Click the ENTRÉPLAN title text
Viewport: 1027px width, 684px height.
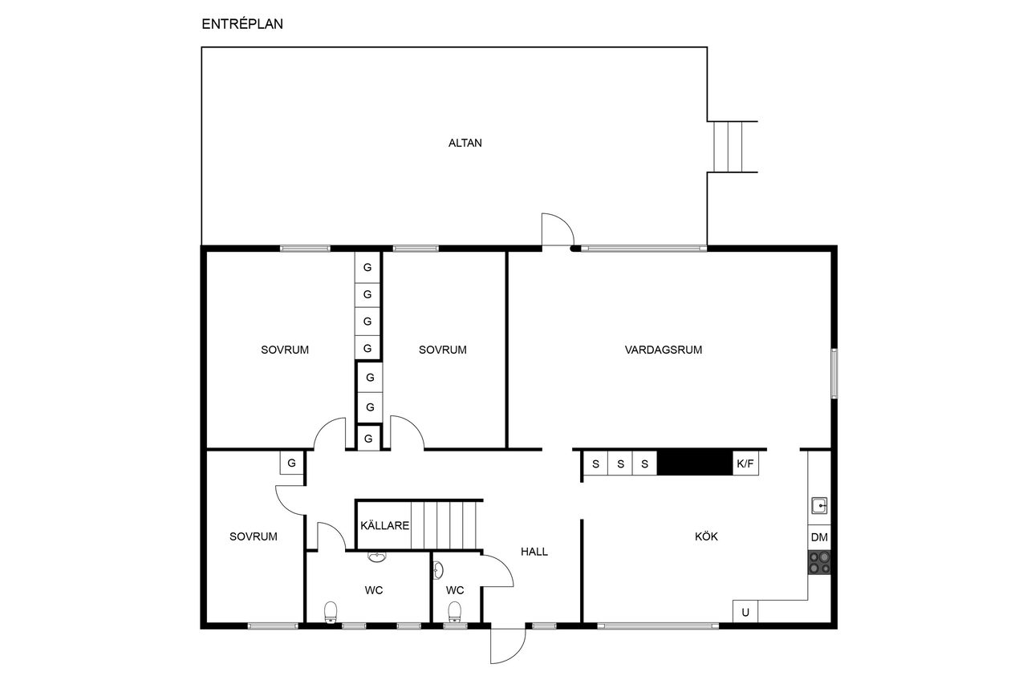(242, 24)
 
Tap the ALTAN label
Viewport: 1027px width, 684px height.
(465, 143)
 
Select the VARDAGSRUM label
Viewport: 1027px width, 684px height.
(663, 350)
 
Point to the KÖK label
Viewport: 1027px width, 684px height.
(706, 536)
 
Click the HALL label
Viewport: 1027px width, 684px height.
(534, 552)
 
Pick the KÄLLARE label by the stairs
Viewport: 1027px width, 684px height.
(384, 525)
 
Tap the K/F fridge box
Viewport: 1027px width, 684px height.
(745, 463)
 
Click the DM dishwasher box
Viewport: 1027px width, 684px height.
(819, 537)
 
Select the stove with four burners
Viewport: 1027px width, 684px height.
(819, 563)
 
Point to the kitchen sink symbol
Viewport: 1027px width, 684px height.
(819, 506)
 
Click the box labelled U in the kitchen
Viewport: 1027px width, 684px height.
(745, 612)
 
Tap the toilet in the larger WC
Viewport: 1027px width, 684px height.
(331, 612)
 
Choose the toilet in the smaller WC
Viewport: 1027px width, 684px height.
(454, 612)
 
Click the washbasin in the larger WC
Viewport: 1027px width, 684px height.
(377, 557)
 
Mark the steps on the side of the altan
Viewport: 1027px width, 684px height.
(728, 147)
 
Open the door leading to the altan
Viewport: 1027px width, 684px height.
(558, 229)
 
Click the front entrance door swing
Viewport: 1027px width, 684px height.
(508, 646)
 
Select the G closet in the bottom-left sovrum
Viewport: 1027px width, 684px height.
(291, 463)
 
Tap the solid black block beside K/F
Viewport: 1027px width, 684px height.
(695, 463)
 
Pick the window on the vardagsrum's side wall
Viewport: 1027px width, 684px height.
(834, 374)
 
